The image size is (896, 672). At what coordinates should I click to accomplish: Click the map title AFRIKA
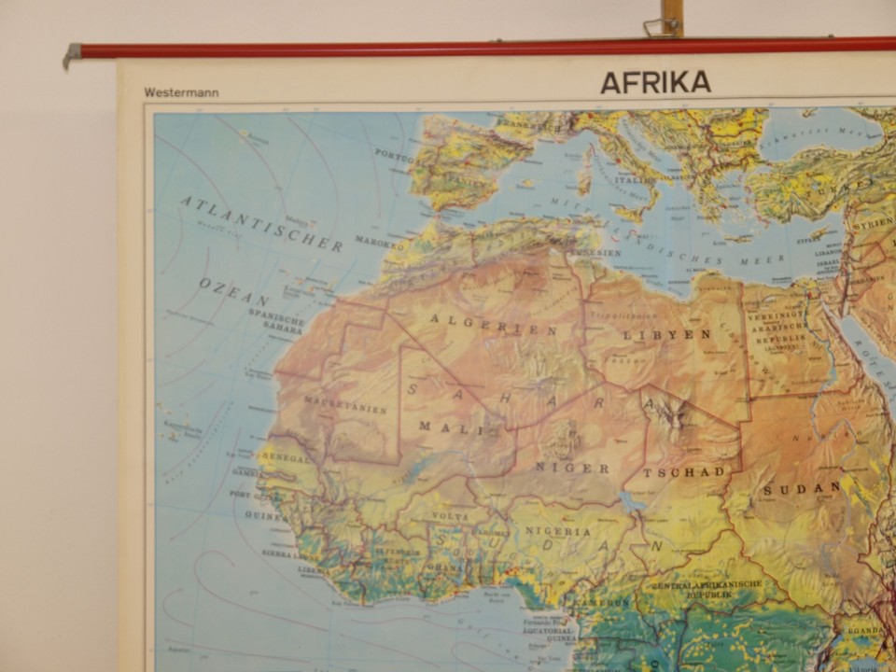[x=655, y=82]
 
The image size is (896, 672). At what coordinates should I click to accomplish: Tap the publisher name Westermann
[x=176, y=92]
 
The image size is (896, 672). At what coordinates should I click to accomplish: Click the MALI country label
[x=444, y=427]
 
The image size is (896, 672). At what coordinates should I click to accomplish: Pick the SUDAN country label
[x=802, y=488]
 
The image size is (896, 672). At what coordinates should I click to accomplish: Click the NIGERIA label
[x=558, y=531]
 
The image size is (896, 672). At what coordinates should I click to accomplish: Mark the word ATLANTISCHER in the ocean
[x=261, y=223]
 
